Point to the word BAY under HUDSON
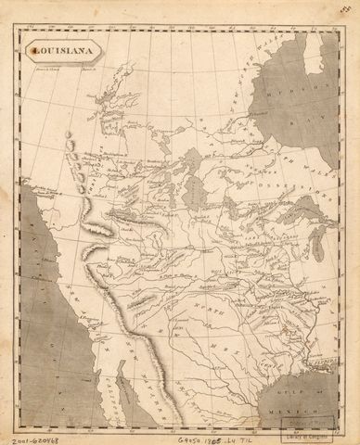[x=320, y=118]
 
